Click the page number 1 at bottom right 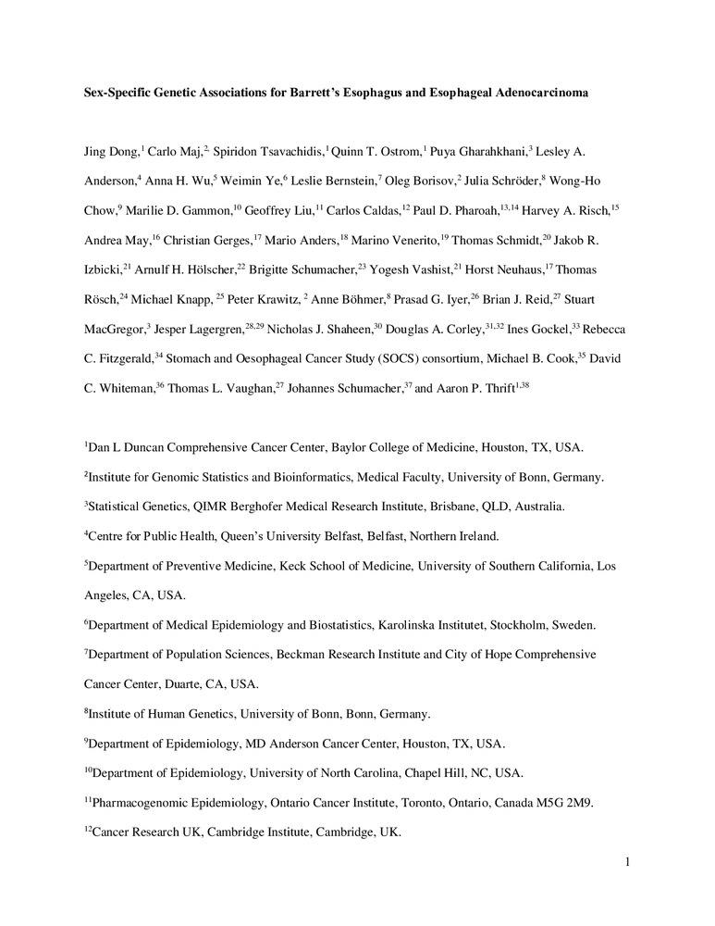click(x=627, y=863)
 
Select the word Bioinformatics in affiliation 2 click(x=317, y=478)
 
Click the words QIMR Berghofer click(x=220, y=507)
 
